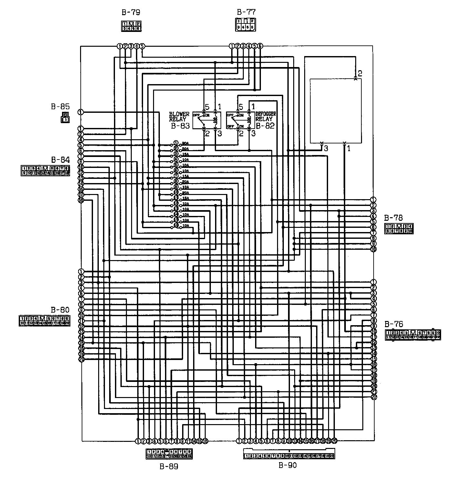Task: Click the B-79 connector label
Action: pos(131,13)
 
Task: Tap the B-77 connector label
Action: pos(246,12)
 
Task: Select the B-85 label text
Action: pos(60,106)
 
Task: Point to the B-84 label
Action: pos(60,160)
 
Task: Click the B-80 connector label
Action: pos(60,310)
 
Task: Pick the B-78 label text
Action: pos(394,218)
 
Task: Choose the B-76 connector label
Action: pos(394,324)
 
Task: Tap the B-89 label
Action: pos(169,466)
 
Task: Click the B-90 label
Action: pos(287,465)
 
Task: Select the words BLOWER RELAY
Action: pos(179,117)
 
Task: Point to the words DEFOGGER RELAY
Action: pos(266,116)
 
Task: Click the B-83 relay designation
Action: pos(180,126)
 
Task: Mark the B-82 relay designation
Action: pos(265,126)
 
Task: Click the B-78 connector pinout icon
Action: pos(399,228)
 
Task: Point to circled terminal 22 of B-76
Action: pos(374,397)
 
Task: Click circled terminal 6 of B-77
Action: pos(260,46)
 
